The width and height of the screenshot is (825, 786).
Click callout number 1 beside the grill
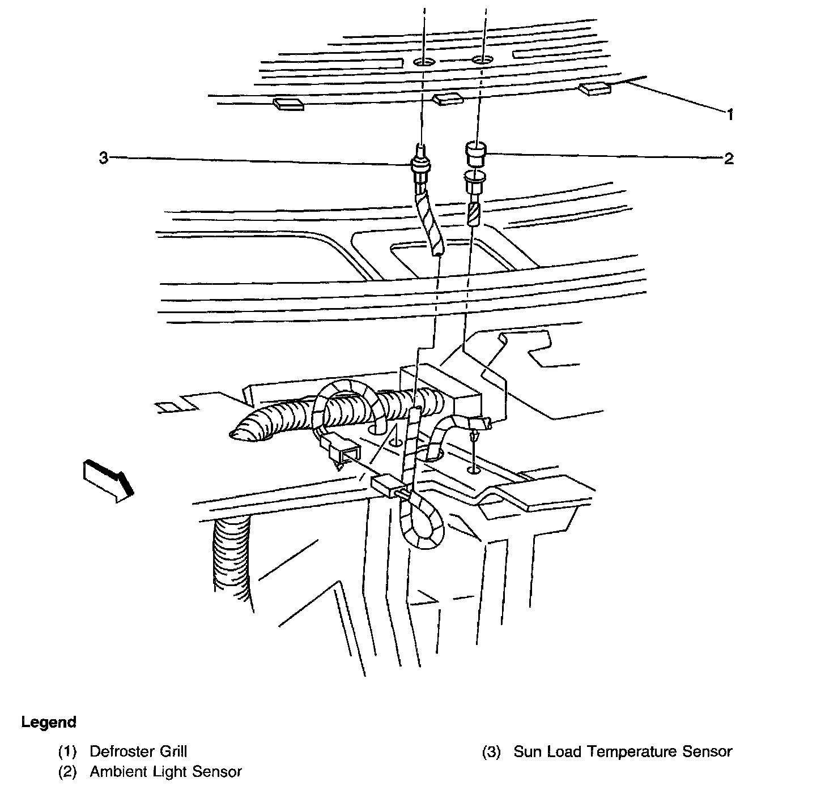730,115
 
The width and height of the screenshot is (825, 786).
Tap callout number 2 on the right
729,159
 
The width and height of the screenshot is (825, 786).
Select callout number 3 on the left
103,159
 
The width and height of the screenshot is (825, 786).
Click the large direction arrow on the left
108,479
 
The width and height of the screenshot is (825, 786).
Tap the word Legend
49,722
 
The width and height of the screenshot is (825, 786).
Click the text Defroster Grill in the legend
138,751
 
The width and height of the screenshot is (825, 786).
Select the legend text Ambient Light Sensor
165,771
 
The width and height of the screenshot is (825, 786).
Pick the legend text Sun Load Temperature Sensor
623,751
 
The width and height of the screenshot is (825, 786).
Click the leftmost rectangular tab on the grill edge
288,104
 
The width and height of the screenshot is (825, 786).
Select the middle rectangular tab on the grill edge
448,100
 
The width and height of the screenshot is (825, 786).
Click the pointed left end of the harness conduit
233,435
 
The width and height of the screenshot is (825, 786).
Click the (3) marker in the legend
491,752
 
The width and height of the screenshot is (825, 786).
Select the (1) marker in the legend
67,752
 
